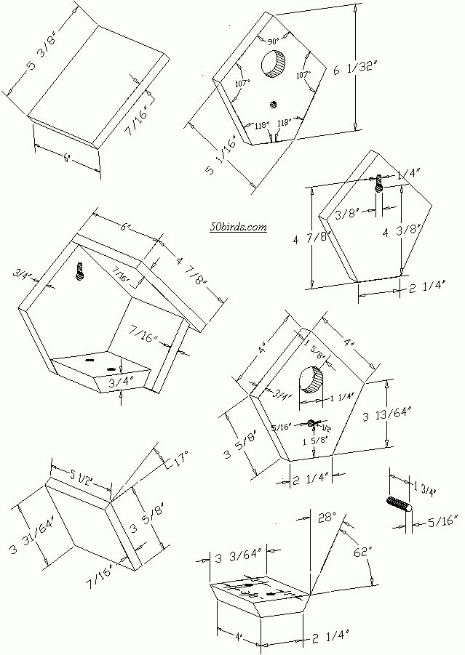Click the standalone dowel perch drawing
(x=397, y=506)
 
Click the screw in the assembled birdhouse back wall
(x=81, y=272)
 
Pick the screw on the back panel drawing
(x=378, y=182)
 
